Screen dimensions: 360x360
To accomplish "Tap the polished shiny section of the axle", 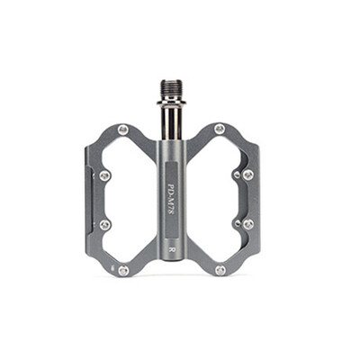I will coord(172,117).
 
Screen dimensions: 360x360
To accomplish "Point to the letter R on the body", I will coord(172,240).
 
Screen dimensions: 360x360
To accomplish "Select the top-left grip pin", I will coord(123,130).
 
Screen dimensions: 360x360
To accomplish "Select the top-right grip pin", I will coord(220,129).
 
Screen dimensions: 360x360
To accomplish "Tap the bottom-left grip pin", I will coord(123,269).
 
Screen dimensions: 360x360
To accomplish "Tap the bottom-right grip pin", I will coord(220,268).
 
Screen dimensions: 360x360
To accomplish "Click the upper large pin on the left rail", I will coord(104,175).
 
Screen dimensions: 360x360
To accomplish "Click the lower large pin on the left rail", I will coord(104,223).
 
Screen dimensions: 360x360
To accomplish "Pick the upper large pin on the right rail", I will coord(248,175).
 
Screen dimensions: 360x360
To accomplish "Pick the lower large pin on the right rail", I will coord(248,223).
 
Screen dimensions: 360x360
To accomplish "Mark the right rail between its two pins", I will coord(252,199).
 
